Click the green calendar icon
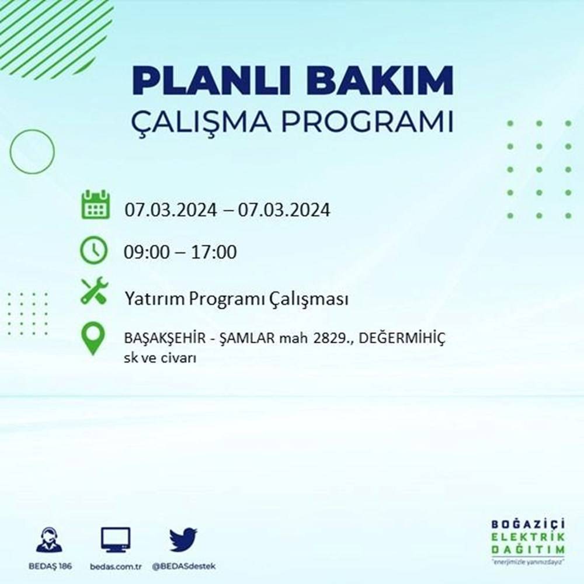click(x=95, y=204)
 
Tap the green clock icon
click(x=94, y=251)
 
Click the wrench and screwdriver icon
click(x=94, y=291)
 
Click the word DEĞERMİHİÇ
click(x=402, y=339)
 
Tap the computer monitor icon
click(x=116, y=540)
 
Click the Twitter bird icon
click(x=183, y=540)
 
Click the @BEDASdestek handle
click(x=183, y=567)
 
